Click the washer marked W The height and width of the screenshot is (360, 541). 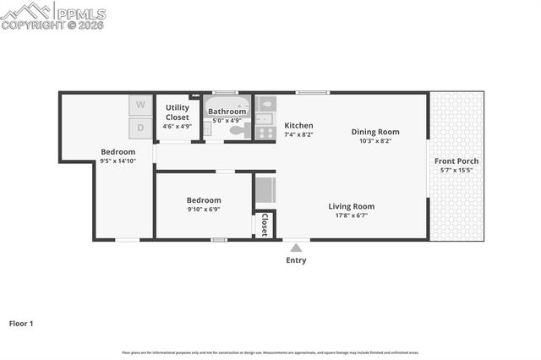(x=140, y=105)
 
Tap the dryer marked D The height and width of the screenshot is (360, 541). (x=140, y=128)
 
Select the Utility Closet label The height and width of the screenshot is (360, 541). (x=178, y=112)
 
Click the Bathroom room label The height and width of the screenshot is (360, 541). (x=227, y=112)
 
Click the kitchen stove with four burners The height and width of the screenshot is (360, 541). (x=265, y=130)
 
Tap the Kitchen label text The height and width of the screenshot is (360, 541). (x=298, y=125)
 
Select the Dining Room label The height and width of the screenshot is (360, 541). (x=375, y=132)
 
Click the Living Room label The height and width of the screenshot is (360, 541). (x=351, y=206)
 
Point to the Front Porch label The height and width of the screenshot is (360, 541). (x=456, y=161)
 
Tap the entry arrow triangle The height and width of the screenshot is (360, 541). (x=296, y=248)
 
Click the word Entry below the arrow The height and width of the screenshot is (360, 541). (x=296, y=260)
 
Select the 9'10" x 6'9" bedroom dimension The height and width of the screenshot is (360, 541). (x=203, y=210)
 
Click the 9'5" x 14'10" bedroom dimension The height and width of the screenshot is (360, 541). (x=117, y=161)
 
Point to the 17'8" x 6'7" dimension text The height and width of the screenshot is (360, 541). (x=351, y=215)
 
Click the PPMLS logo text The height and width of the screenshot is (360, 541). (x=80, y=14)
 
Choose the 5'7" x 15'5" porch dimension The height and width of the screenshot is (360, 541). (x=456, y=171)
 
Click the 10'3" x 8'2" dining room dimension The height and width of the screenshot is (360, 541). (x=375, y=141)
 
